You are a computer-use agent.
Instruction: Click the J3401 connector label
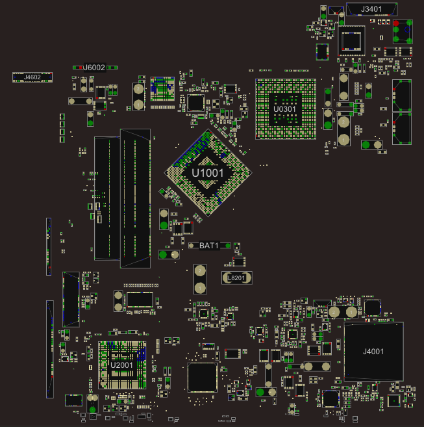point(371,8)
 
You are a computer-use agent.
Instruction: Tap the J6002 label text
point(94,67)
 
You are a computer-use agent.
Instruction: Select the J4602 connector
point(32,77)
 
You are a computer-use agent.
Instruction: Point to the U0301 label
point(284,109)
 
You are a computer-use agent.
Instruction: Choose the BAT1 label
point(208,245)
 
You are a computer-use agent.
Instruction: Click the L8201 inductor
point(236,278)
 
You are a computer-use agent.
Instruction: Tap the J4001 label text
point(373,352)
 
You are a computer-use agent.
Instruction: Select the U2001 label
point(121,365)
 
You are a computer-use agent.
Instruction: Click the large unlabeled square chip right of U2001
point(201,377)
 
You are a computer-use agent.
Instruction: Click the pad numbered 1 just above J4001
point(351,312)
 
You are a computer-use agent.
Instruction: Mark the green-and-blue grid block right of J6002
point(162,89)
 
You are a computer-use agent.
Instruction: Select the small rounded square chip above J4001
point(371,307)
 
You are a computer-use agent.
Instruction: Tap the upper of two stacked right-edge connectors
point(402,96)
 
